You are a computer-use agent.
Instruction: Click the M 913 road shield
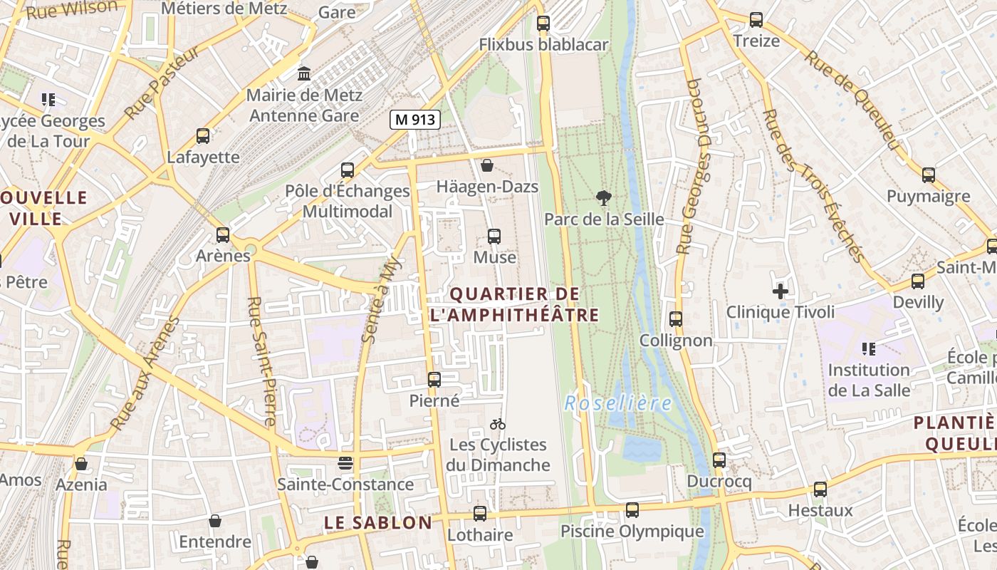point(414,120)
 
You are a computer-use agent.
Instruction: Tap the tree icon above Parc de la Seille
point(604,198)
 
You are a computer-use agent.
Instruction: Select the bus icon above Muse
point(494,236)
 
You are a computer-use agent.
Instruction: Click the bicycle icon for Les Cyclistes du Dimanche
point(498,424)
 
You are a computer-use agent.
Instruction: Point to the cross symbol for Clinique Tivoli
point(781,291)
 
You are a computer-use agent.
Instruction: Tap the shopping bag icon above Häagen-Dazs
point(487,165)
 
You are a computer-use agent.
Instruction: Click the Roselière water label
point(618,404)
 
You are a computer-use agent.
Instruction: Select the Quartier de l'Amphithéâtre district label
point(514,304)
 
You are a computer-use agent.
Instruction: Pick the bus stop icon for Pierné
point(434,380)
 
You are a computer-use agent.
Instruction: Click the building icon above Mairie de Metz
point(304,73)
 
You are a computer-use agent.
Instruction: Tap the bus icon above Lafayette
point(203,135)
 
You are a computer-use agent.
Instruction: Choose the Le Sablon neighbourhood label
point(378,523)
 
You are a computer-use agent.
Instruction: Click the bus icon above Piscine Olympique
point(632,510)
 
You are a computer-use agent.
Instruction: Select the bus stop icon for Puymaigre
point(929,175)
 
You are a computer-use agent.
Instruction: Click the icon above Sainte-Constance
point(345,463)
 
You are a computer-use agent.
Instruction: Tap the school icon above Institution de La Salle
point(868,349)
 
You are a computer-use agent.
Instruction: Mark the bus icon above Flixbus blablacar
point(543,23)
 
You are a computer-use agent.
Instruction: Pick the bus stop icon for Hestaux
point(820,489)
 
